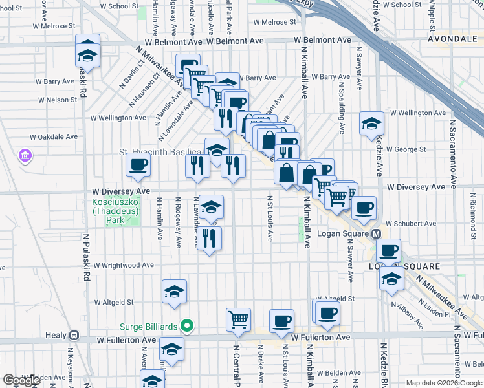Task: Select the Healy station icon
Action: tap(74, 336)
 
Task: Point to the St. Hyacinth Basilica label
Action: tap(160, 152)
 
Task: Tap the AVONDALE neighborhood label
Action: tap(450, 39)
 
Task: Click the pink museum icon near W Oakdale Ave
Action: tap(26, 155)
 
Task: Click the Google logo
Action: tap(22, 380)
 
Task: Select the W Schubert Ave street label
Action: tap(410, 224)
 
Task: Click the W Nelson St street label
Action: tap(57, 100)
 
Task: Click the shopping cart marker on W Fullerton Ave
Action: tap(238, 319)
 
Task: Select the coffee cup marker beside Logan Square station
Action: tap(389, 250)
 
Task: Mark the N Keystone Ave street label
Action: tap(70, 366)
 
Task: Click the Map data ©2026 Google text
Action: tap(443, 383)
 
